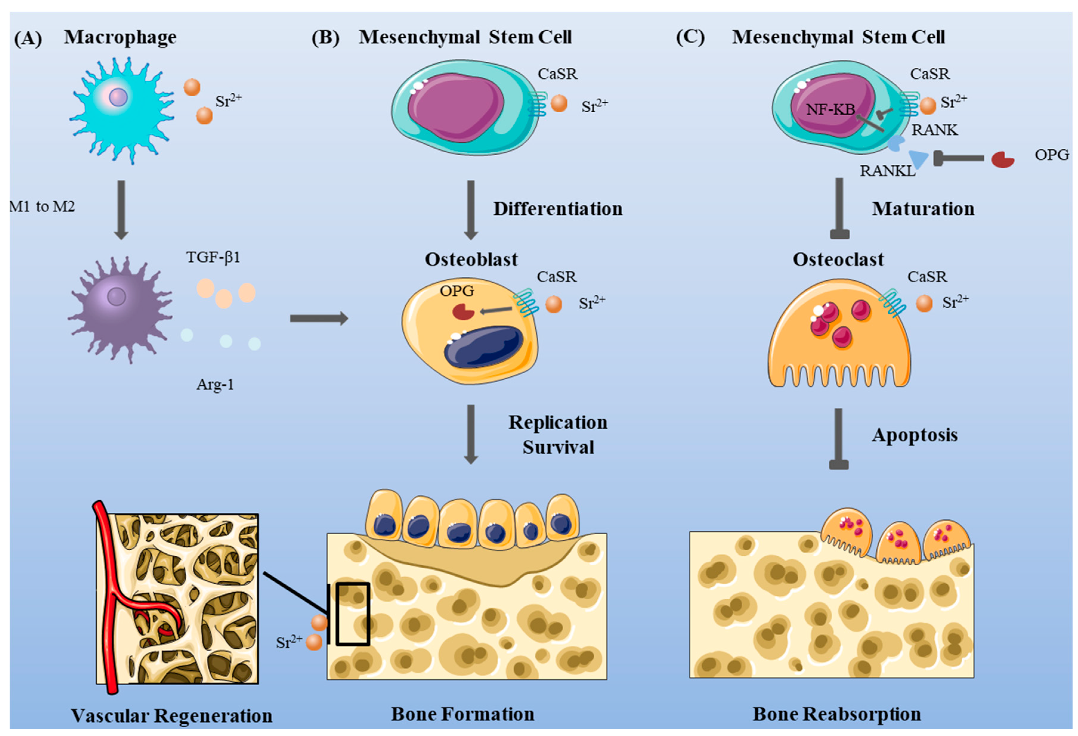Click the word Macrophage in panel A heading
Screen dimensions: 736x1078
tap(120, 37)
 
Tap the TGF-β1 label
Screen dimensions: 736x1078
tap(213, 257)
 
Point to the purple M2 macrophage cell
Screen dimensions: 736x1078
tap(119, 308)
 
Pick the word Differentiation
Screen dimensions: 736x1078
tap(558, 209)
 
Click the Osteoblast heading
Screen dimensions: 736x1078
tap(471, 260)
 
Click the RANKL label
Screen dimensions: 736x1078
tap(887, 171)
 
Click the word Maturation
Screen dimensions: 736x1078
tap(923, 209)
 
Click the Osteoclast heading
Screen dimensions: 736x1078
tap(838, 260)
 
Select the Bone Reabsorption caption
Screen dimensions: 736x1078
tap(837, 714)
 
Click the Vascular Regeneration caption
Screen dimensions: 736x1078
tap(172, 716)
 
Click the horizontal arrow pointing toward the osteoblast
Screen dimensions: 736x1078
tap(319, 319)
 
